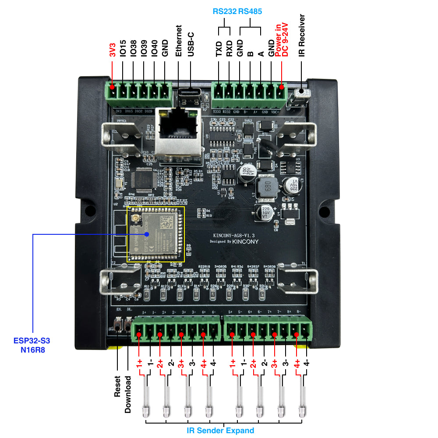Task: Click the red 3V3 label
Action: coord(113,49)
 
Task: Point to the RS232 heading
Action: coord(224,11)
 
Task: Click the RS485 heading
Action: coord(250,11)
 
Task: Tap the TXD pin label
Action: coord(219,49)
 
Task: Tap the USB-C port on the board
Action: coord(190,93)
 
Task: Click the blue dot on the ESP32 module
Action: coord(147,234)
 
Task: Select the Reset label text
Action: coord(117,386)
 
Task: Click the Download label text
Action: coord(128,394)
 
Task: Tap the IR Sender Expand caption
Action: coord(220,430)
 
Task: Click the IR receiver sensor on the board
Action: coord(302,93)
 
